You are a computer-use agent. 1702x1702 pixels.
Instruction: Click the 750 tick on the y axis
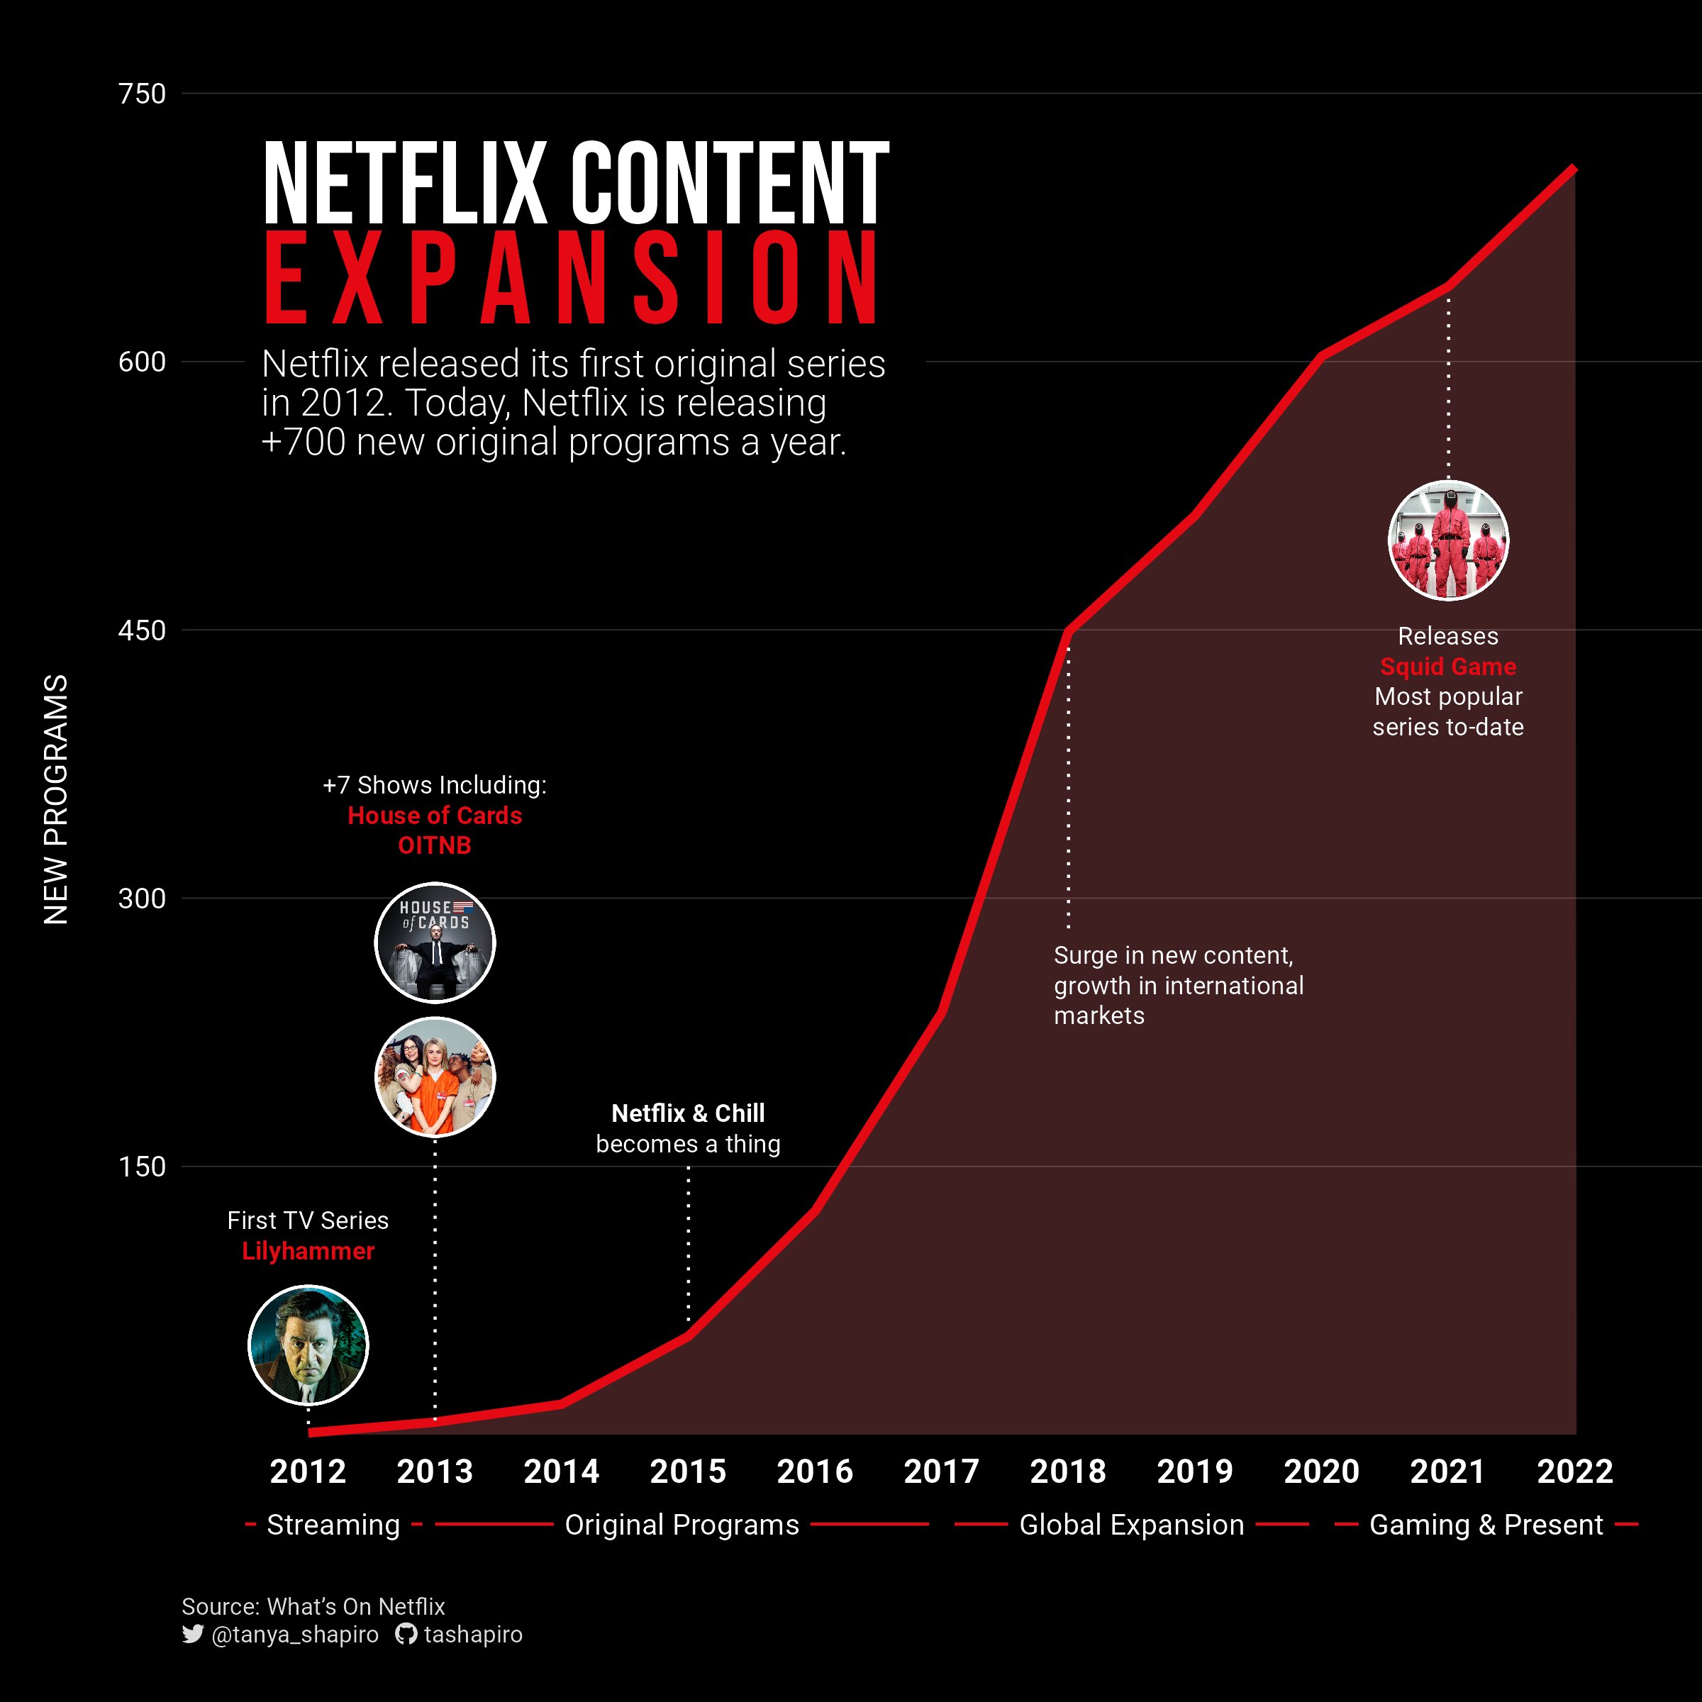pyautogui.click(x=142, y=94)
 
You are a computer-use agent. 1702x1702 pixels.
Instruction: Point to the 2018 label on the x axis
pyautogui.click(x=1068, y=1472)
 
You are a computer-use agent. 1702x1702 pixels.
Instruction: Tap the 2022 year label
pyautogui.click(x=1574, y=1472)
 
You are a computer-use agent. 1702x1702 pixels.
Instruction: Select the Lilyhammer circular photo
pyautogui.click(x=308, y=1345)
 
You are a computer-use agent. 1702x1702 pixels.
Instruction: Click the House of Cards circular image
pyautogui.click(x=435, y=942)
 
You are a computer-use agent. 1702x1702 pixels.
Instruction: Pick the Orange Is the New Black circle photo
pyautogui.click(x=435, y=1077)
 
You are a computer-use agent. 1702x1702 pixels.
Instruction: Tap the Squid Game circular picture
pyautogui.click(x=1448, y=540)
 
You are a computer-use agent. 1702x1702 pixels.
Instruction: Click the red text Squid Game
pyautogui.click(x=1448, y=667)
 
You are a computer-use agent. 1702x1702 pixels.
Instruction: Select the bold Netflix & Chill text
pyautogui.click(x=688, y=1113)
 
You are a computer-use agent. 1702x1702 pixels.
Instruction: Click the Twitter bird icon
pyautogui.click(x=192, y=1634)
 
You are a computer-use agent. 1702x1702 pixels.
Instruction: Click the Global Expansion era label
pyautogui.click(x=1131, y=1525)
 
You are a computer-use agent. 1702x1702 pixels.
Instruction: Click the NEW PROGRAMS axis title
pyautogui.click(x=55, y=799)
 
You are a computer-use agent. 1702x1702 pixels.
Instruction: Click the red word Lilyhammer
pyautogui.click(x=308, y=1251)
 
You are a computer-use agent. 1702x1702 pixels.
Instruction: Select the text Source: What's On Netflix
pyautogui.click(x=313, y=1606)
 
